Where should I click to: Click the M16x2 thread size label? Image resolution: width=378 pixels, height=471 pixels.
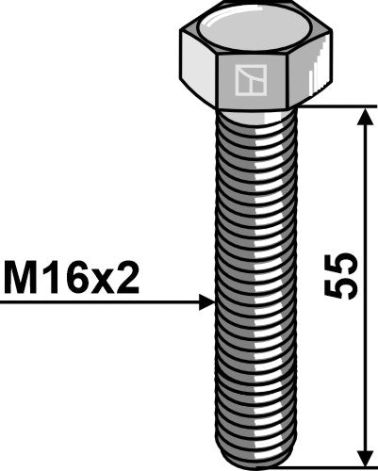pos(71,279)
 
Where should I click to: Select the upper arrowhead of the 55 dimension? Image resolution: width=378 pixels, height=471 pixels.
pos(365,115)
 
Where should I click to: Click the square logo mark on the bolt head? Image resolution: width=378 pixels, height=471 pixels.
pos(249,80)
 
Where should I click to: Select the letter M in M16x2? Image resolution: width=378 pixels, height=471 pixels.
pos(22,279)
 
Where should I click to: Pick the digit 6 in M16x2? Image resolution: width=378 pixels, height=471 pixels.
pos(79,279)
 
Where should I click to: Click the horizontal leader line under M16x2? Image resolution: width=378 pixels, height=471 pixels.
pos(94,302)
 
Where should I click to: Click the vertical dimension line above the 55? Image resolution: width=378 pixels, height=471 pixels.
pos(365,188)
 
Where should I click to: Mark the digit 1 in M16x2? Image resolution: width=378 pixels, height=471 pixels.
pos(53,279)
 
